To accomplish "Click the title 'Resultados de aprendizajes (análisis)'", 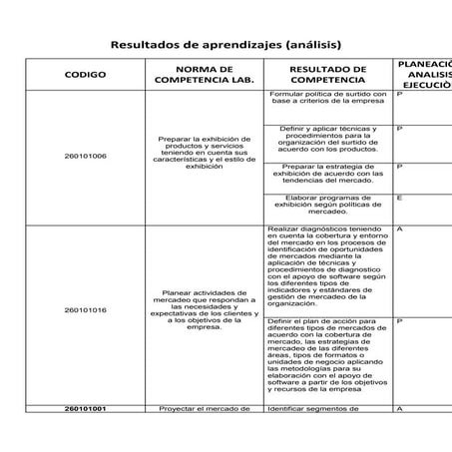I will (226, 45).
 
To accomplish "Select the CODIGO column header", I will (85, 74).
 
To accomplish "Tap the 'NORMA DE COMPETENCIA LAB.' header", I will (205, 74).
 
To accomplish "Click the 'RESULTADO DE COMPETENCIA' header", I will (328, 74).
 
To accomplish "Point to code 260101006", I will (85, 156).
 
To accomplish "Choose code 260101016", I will (85, 310).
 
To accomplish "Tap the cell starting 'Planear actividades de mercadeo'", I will (205, 309).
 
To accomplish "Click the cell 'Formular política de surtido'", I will (328, 97).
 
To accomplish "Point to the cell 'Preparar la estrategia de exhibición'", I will (328, 172).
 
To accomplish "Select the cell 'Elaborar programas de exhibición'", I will (328, 205).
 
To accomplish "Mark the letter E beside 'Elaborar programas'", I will (399, 198).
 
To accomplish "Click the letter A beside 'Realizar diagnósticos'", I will (399, 228).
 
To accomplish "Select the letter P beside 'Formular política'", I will (399, 93).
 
